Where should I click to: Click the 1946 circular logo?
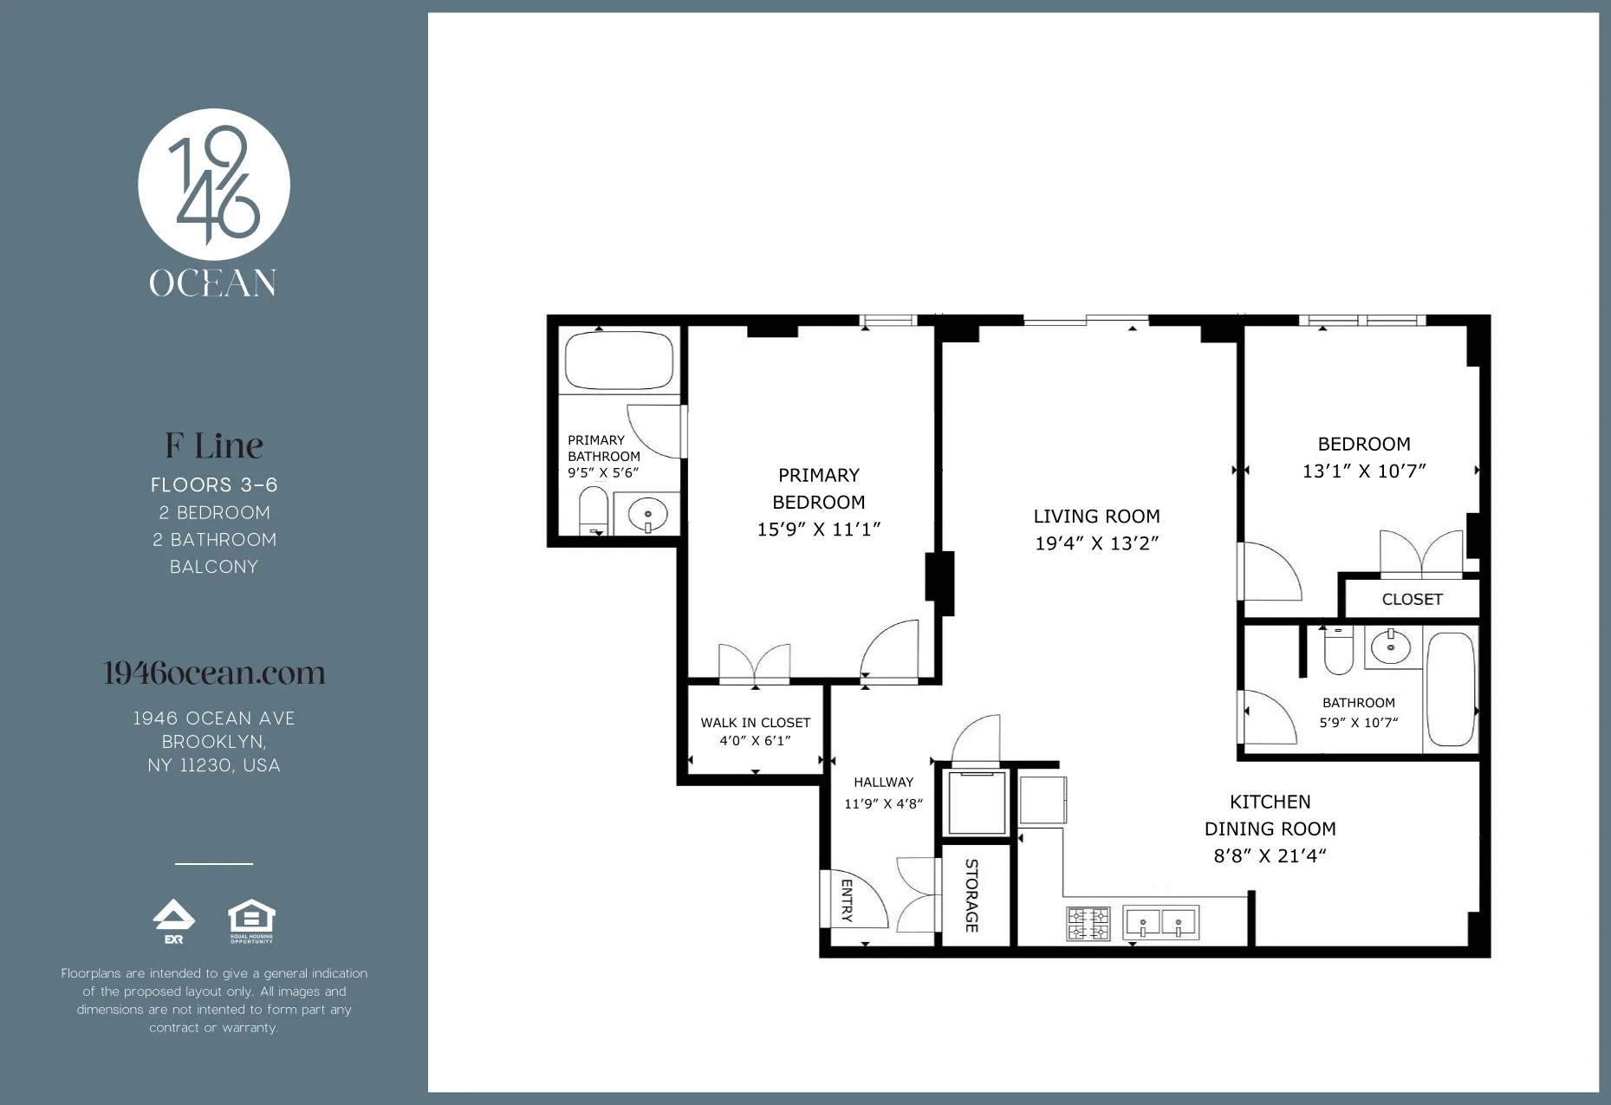pos(214,185)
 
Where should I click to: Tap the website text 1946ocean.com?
pos(214,673)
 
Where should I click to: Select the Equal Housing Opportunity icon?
pos(251,921)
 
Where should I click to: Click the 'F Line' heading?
pos(214,446)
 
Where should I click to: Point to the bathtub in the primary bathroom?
pos(619,361)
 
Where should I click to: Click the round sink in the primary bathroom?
pos(646,515)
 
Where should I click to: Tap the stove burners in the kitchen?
pos(1088,923)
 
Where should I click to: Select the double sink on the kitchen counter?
pos(1161,923)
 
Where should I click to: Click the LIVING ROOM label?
pos(1096,517)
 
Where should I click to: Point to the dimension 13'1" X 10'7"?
pos(1364,471)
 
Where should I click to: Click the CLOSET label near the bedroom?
pos(1412,600)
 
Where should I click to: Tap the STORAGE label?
pos(972,895)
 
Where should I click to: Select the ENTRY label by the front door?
pos(847,900)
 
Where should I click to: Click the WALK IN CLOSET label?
pos(755,723)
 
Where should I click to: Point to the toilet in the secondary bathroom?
pos(1339,653)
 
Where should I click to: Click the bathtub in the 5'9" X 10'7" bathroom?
pos(1450,689)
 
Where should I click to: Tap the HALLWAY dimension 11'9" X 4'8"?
pos(883,804)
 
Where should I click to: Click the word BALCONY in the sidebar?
pos(214,567)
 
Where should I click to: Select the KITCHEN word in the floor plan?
pos(1270,803)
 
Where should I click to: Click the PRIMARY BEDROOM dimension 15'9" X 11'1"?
pos(818,530)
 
